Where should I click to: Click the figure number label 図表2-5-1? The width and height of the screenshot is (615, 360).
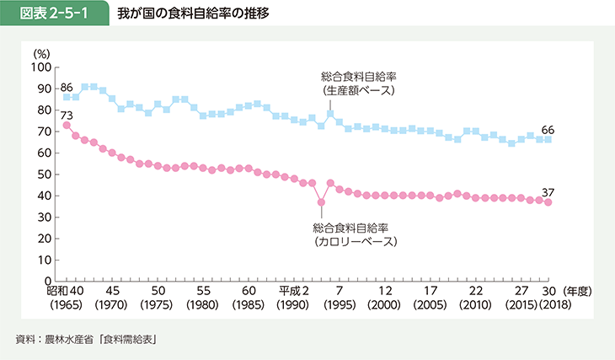55,13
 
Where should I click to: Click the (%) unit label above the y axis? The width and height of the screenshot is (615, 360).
42,53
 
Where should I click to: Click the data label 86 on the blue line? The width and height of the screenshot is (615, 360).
67,86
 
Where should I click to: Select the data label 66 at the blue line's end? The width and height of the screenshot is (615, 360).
549,129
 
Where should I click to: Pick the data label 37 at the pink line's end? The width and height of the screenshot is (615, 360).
549,191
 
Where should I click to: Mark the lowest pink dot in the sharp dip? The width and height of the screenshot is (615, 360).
321,202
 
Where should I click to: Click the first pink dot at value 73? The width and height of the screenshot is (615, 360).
67,125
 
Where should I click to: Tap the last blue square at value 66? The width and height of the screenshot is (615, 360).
549,139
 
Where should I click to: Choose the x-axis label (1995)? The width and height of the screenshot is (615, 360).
340,304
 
